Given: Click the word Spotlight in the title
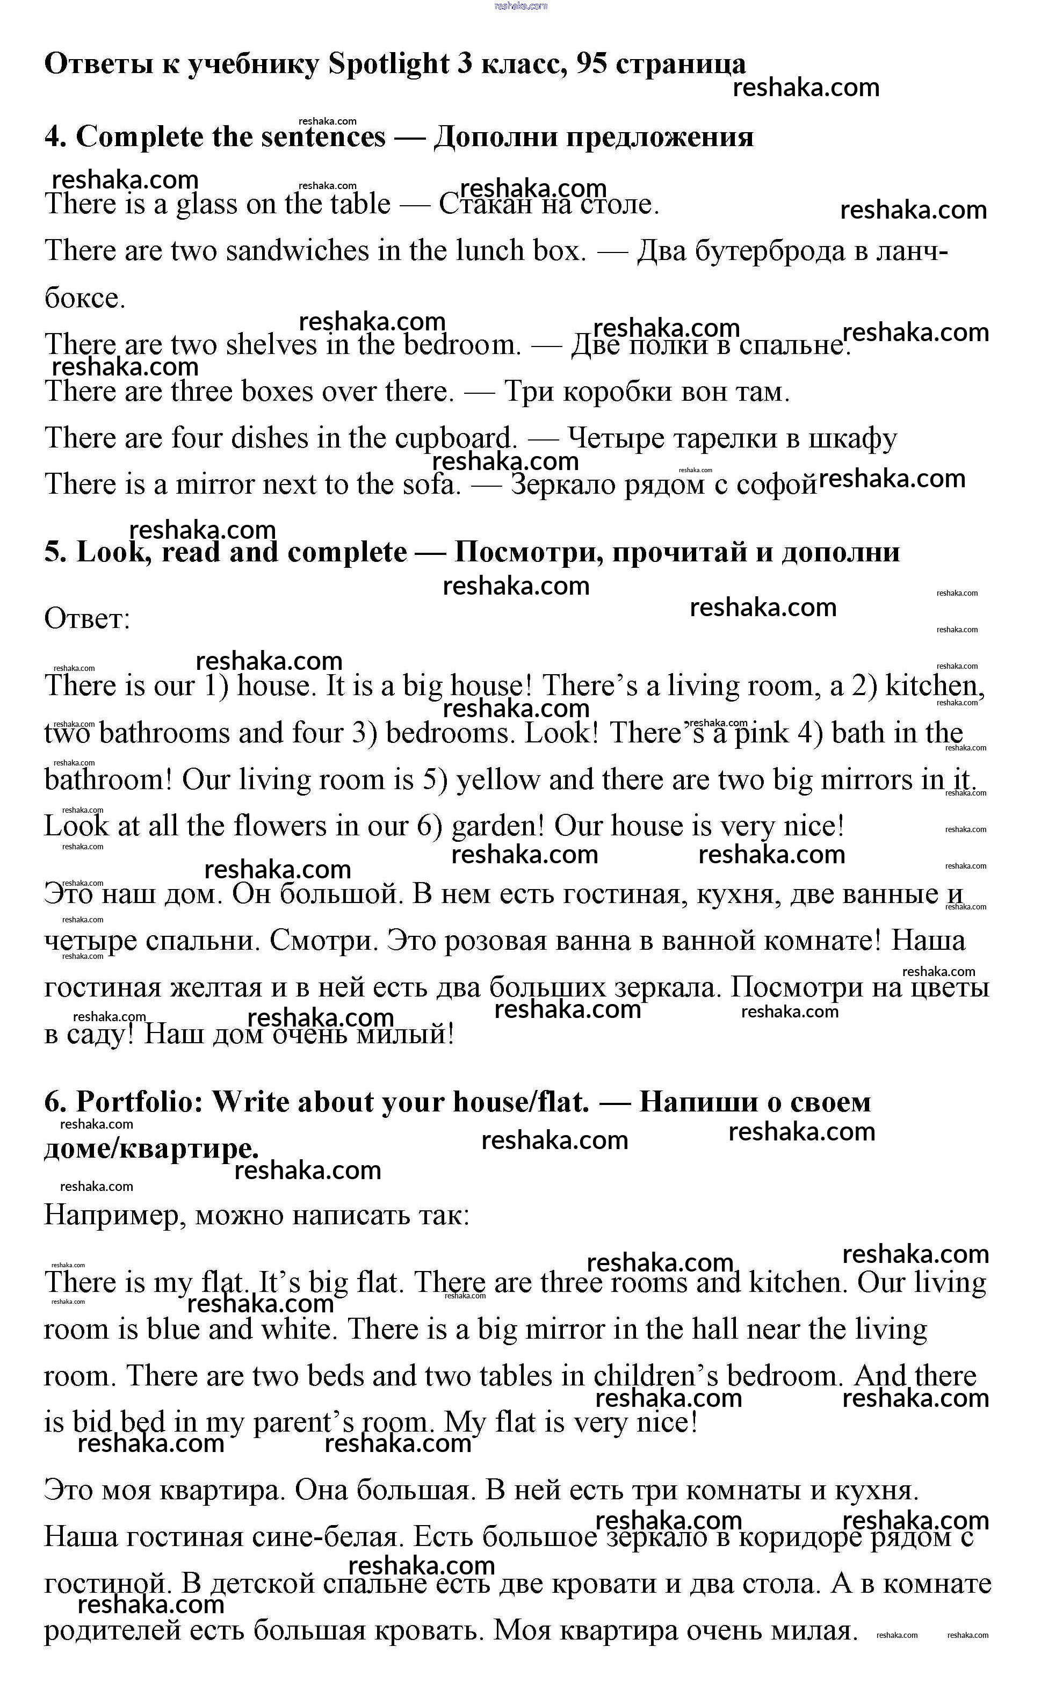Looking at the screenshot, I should [x=388, y=64].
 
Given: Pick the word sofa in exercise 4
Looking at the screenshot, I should [x=431, y=485].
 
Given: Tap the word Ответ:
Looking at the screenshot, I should [x=87, y=619].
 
